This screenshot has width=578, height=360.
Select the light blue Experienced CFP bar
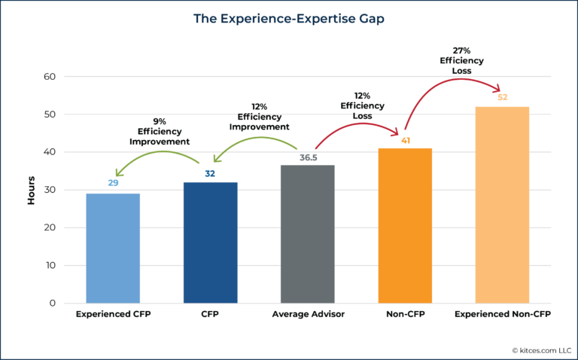[x=113, y=249]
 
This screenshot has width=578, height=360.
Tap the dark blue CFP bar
[x=210, y=243]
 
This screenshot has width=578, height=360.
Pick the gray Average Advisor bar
[x=308, y=234]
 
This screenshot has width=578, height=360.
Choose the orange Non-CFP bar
[x=405, y=226]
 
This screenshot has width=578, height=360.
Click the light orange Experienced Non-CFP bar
[x=502, y=205]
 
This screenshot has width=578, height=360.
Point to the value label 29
[x=113, y=183]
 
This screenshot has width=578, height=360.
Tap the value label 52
[x=502, y=96]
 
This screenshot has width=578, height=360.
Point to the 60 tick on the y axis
[x=49, y=77]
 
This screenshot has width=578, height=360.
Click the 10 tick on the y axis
[x=49, y=266]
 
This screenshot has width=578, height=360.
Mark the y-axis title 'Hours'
[x=31, y=191]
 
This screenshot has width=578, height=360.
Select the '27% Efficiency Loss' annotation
[x=456, y=62]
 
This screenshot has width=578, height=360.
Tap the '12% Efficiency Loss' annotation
[x=363, y=106]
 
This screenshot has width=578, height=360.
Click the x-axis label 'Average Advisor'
[x=308, y=313]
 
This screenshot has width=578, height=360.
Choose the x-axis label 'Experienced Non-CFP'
[x=502, y=313]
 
